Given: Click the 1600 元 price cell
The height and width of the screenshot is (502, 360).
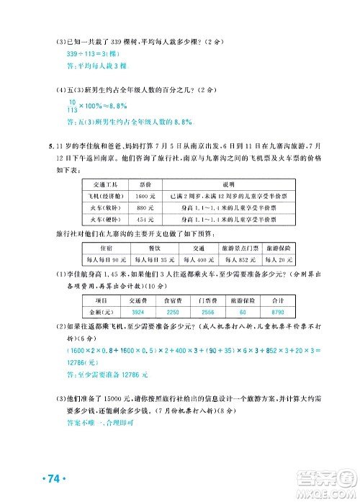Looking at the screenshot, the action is point(145,195).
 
